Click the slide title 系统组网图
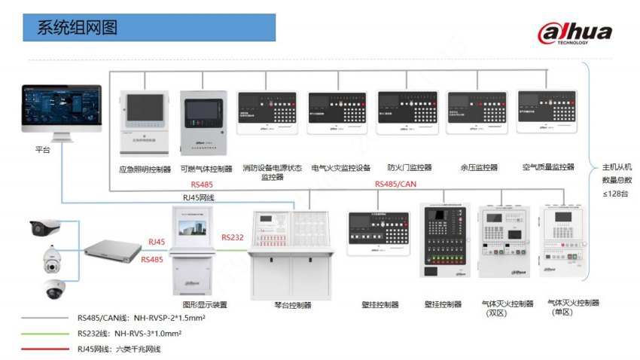(x=78, y=28)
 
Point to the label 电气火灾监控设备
(x=340, y=168)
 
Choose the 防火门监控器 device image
(x=407, y=113)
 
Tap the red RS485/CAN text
(x=395, y=184)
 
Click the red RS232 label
(x=232, y=236)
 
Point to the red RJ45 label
(x=157, y=243)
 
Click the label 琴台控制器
(x=292, y=305)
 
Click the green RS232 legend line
(x=45, y=332)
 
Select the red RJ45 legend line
(x=45, y=349)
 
